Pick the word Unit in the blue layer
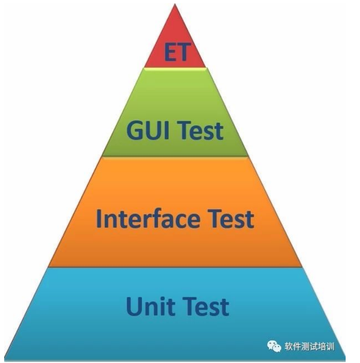[147, 306]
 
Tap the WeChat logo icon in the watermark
[275, 346]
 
